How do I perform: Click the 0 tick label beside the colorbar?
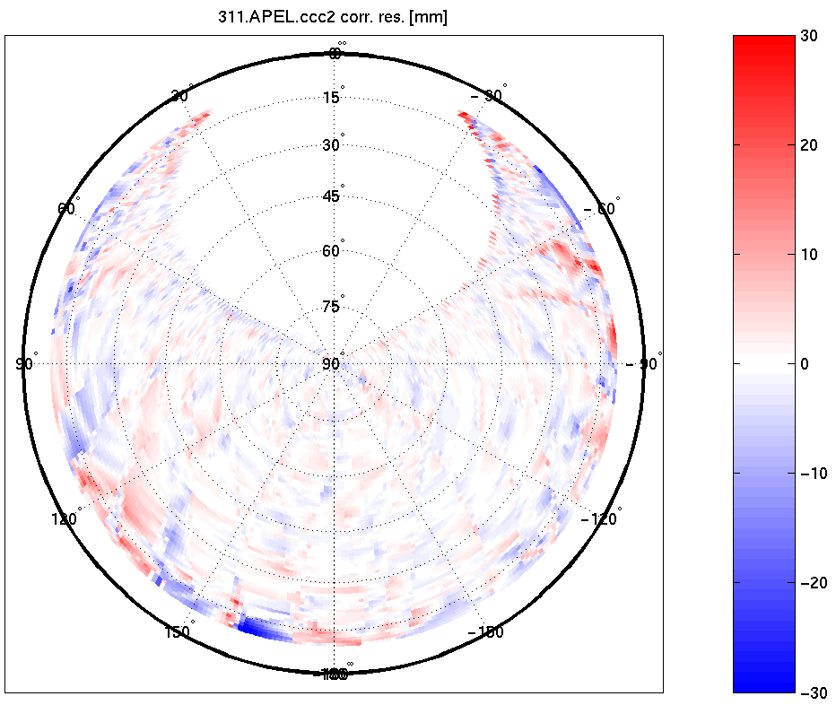(x=806, y=363)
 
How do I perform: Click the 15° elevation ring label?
(x=333, y=97)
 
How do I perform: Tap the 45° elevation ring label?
(x=333, y=196)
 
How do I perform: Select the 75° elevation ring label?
(x=333, y=307)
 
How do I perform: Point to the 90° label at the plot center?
(x=332, y=363)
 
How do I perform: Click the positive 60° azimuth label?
(x=67, y=208)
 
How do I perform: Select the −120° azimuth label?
(x=601, y=518)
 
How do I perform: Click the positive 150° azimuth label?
(x=179, y=631)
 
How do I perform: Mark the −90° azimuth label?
(x=643, y=363)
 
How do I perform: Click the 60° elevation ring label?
(x=333, y=250)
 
